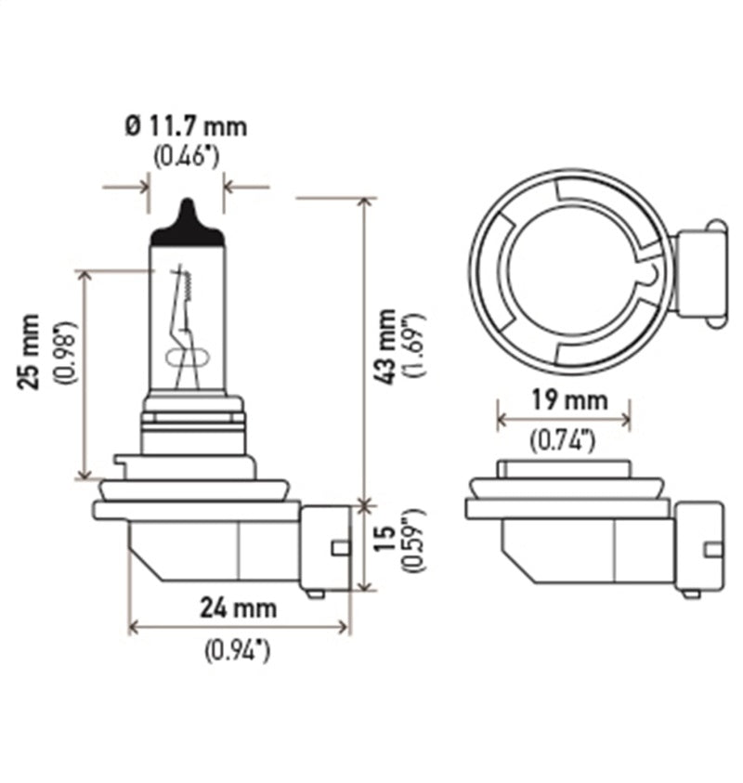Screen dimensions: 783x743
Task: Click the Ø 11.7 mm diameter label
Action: coord(187,124)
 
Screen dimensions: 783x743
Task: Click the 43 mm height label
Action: coord(387,346)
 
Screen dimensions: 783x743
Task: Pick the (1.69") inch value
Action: coord(414,346)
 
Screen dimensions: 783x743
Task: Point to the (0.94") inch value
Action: coord(239,651)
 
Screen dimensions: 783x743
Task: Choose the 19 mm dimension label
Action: coord(563,400)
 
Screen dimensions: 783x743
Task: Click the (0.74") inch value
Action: coord(563,441)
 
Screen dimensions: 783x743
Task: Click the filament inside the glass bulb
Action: coord(183,320)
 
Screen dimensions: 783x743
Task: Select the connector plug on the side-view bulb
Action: coord(326,548)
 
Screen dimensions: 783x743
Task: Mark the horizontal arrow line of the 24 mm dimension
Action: coord(239,628)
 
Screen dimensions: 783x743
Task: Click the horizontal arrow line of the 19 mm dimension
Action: coord(563,421)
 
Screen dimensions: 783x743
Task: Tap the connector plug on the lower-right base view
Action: coord(698,548)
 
